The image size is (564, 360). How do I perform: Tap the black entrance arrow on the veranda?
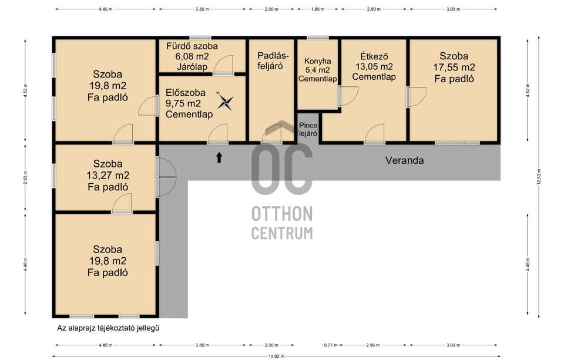tap(219, 157)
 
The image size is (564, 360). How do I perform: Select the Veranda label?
tap(404, 160)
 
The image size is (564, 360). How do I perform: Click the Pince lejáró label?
tap(308, 129)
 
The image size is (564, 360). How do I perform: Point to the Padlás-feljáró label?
tap(273, 60)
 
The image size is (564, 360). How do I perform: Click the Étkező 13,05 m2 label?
tap(374, 66)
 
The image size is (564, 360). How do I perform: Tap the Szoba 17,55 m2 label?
tap(454, 68)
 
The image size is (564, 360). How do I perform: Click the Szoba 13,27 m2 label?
tap(108, 175)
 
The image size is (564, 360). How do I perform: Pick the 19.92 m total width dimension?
tap(276, 356)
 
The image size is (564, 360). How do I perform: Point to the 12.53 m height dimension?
tap(539, 177)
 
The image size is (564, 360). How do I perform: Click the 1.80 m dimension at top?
tap(318, 9)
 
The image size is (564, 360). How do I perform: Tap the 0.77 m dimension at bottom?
tap(330, 345)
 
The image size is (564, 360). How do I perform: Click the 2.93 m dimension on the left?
tap(25, 177)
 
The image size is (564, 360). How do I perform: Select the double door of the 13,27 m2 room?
tap(166, 177)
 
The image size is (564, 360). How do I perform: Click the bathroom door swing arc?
tap(224, 65)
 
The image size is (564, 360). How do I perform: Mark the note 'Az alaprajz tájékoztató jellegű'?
tap(108, 328)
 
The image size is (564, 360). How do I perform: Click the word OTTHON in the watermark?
tap(282, 214)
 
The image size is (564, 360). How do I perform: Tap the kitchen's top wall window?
tap(318, 38)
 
